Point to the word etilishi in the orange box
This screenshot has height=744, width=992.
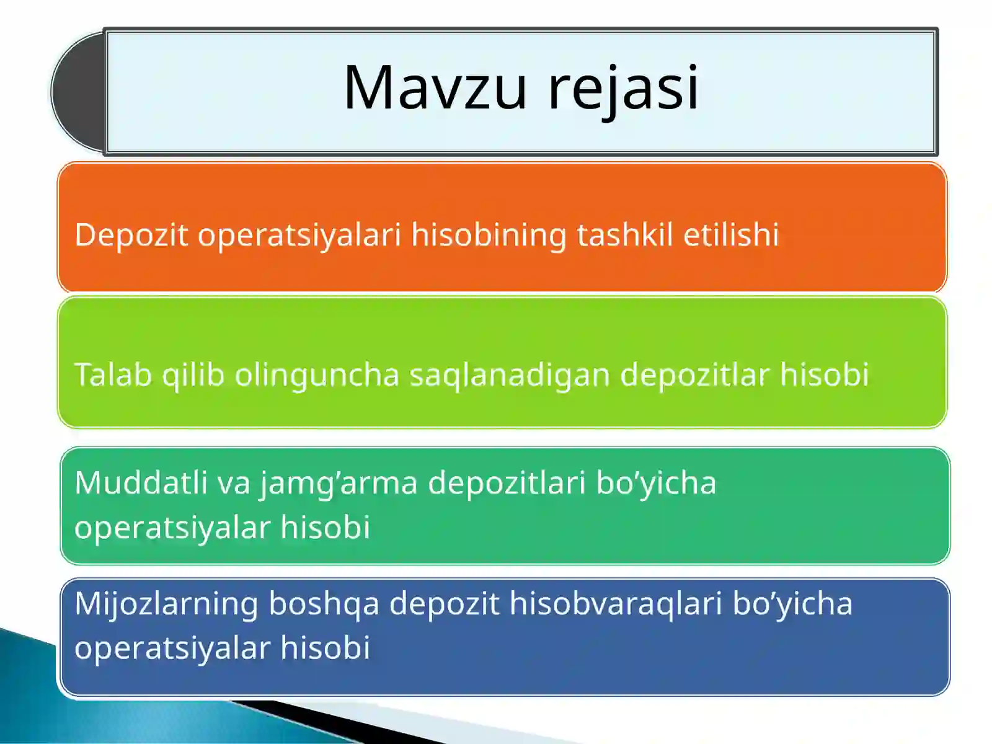[x=731, y=235]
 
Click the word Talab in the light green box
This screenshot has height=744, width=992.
[x=113, y=374]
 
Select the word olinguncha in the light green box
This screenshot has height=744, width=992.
[x=317, y=375]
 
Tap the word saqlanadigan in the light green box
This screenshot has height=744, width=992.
[x=510, y=375]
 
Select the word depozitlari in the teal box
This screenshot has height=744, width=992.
[x=507, y=482]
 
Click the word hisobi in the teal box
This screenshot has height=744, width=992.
[x=325, y=527]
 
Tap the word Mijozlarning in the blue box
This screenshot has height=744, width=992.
[x=166, y=604]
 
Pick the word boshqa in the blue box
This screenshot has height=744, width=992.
[x=324, y=604]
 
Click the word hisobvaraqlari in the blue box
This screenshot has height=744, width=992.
[x=616, y=603]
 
